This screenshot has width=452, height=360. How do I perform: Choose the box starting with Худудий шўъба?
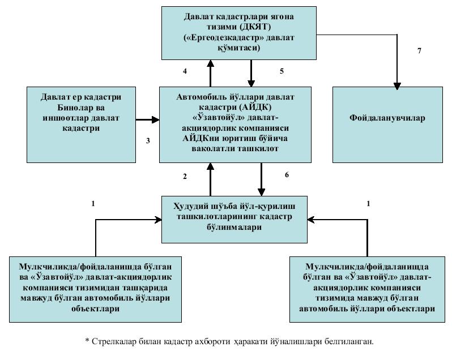pos(234,218)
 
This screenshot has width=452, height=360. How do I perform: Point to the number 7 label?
pos(419,51)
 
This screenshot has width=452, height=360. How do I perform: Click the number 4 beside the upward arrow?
pos(185,71)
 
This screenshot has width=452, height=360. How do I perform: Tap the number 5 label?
pos(282,71)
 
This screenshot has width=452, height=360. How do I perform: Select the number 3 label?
pos(148,140)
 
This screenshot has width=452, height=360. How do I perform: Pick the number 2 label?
pos(185,177)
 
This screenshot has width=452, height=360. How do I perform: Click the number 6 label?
pos(287,175)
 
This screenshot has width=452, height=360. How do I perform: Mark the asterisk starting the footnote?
pos(87,342)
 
